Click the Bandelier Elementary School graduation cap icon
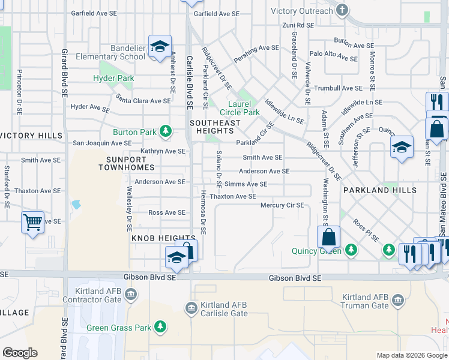[160, 46]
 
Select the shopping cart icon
[33, 223]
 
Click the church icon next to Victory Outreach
[342, 10]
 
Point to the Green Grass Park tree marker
[160, 326]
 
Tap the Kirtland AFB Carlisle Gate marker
[191, 308]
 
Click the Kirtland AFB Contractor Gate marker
[131, 293]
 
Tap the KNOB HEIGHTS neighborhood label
[155, 238]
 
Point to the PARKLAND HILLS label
[380, 190]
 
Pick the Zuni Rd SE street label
[298, 25]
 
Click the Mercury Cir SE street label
[282, 205]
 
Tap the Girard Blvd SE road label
[64, 75]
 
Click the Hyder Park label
[113, 78]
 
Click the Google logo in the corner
[20, 352]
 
